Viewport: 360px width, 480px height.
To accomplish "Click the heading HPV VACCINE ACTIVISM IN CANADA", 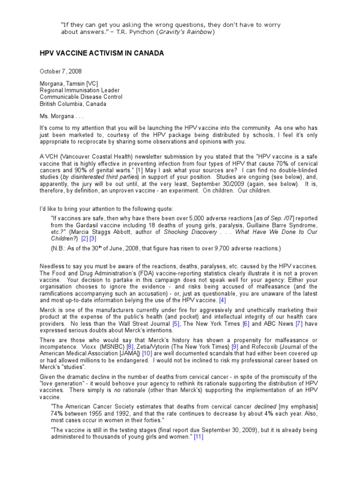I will click(102, 53).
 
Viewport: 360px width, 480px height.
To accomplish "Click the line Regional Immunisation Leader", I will click(79, 90).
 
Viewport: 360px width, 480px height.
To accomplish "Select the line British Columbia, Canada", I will click(73, 104).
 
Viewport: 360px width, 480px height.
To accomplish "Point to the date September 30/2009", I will click(253, 184).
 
